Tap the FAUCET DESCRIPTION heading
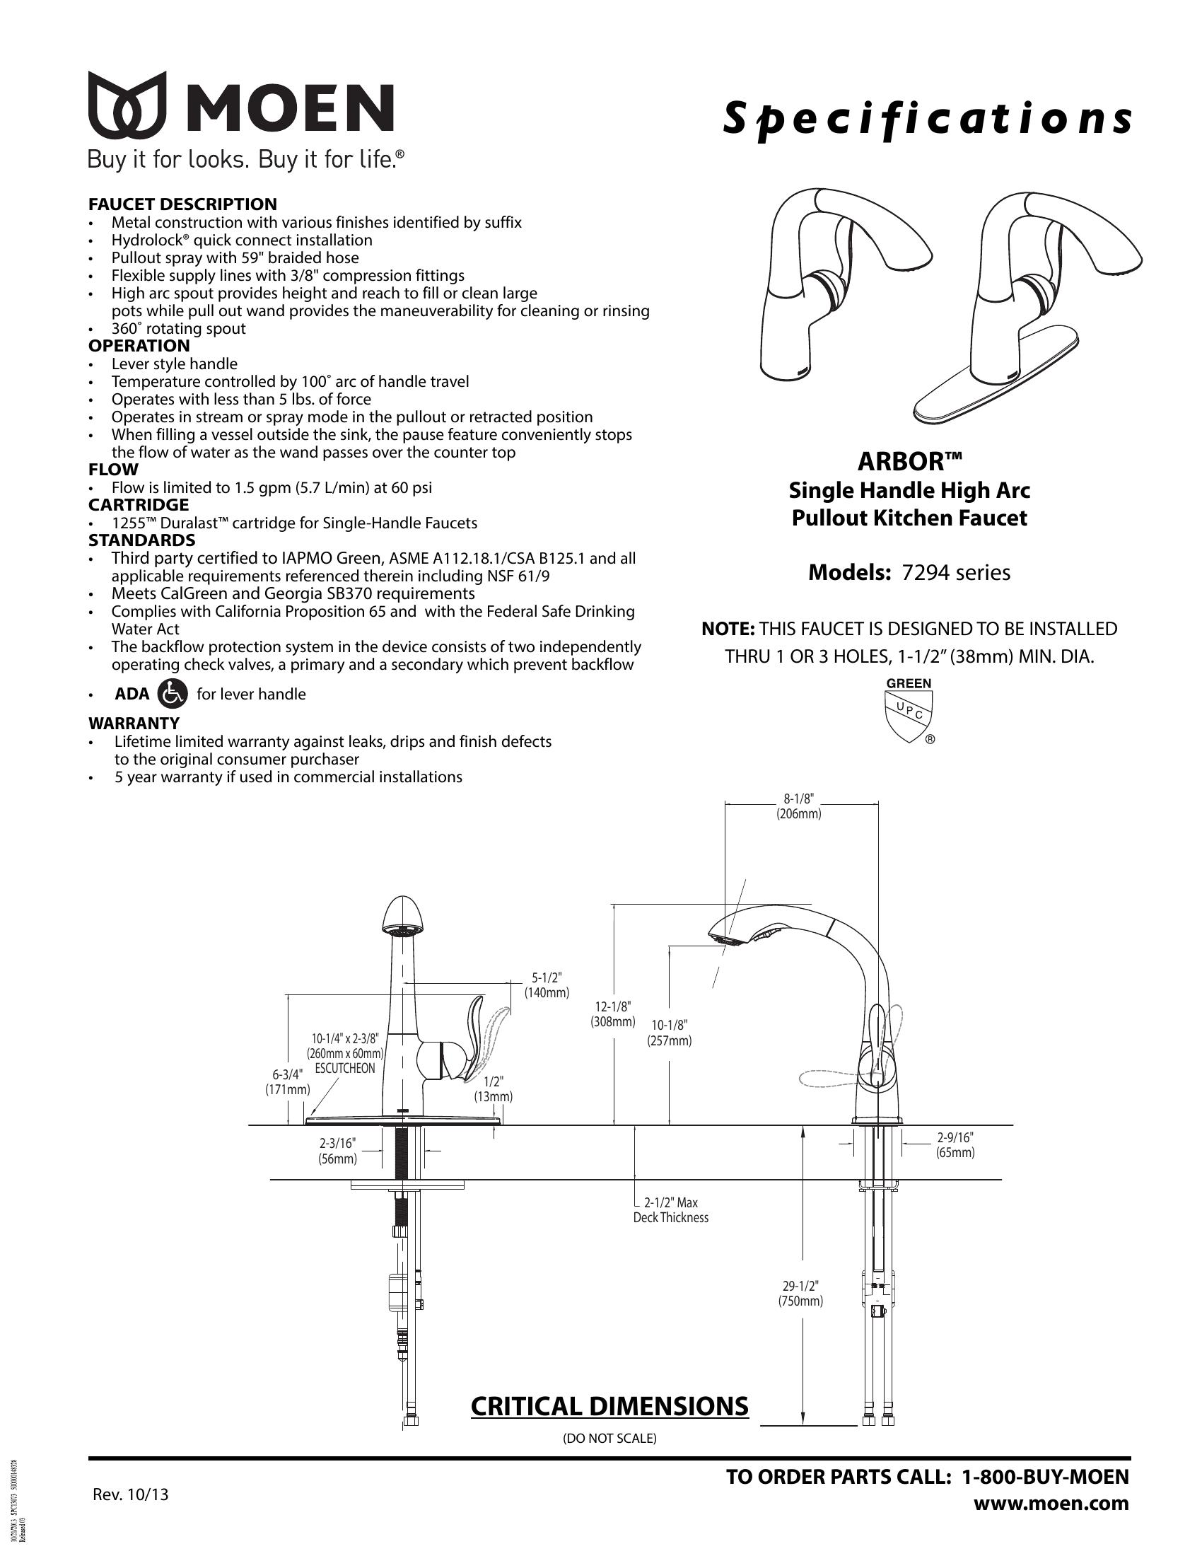[x=182, y=204]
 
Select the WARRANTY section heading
[x=134, y=723]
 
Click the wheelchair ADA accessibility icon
[x=172, y=693]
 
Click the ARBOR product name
[x=909, y=461]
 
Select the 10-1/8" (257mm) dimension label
[x=670, y=1033]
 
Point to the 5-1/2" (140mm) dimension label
[x=546, y=985]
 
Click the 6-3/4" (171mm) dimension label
[x=288, y=1081]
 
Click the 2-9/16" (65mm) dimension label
[x=955, y=1145]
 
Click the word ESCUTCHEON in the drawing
[x=344, y=1069]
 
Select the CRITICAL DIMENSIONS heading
[x=609, y=1405]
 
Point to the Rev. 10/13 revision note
[x=131, y=1494]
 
